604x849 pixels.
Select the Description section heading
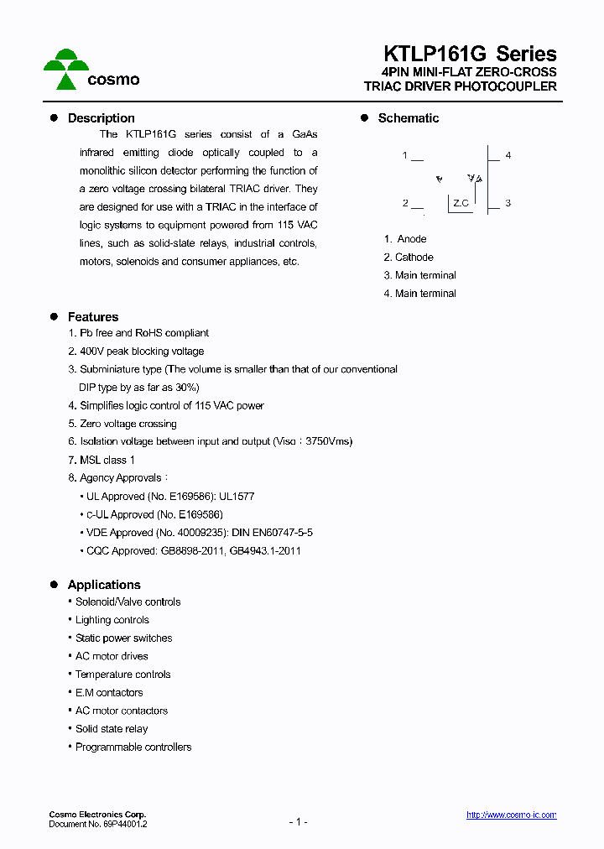101,118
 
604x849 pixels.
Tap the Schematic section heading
408,118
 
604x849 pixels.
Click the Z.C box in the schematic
461,203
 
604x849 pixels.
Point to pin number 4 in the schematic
508,156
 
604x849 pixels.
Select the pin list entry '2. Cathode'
409,258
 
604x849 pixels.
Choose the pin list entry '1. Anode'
405,239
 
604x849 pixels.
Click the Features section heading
92,317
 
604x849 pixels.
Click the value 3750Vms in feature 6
329,441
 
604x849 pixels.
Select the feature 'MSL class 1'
107,460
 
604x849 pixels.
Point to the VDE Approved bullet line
200,533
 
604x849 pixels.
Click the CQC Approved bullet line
194,551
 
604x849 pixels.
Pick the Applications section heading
103,585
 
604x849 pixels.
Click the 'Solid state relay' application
112,729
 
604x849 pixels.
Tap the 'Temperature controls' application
122,675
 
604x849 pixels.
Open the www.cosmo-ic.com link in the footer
511,815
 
